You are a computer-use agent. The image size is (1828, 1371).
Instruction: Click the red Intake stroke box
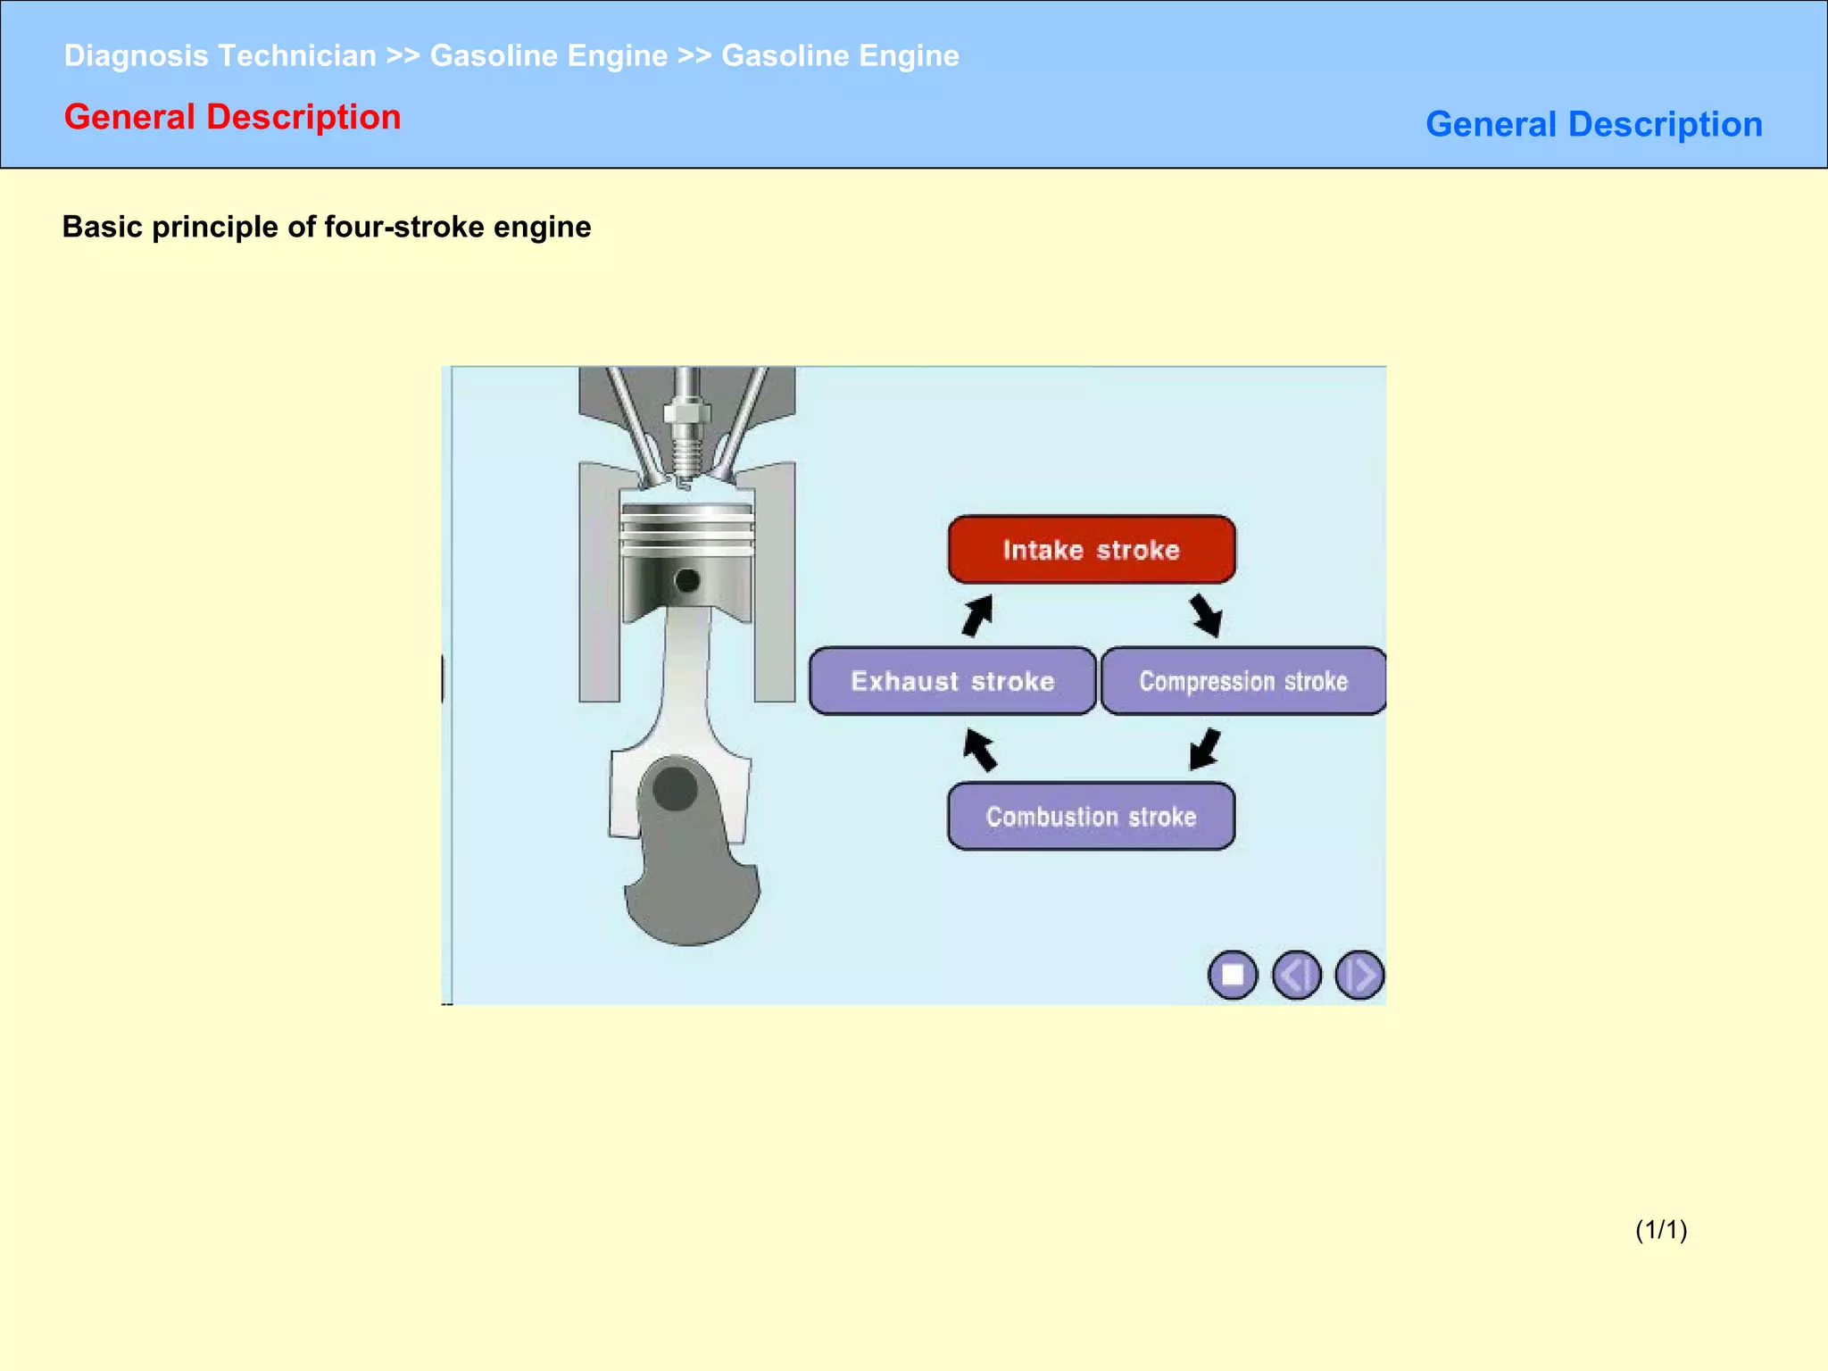pyautogui.click(x=1092, y=550)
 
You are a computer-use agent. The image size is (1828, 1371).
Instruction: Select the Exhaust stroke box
pyautogui.click(x=952, y=681)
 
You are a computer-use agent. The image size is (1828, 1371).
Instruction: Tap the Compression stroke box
pyautogui.click(x=1243, y=681)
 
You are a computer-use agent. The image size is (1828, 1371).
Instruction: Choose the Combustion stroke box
pyautogui.click(x=1092, y=816)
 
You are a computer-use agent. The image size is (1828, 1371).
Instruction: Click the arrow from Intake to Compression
pyautogui.click(x=1206, y=615)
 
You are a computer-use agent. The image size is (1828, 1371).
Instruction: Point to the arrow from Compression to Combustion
pyautogui.click(x=1205, y=749)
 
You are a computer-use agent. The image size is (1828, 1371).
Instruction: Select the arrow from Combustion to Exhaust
pyautogui.click(x=980, y=749)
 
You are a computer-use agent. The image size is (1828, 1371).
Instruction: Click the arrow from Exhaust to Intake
pyautogui.click(x=978, y=615)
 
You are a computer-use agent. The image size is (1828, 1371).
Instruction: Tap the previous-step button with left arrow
pyautogui.click(x=1296, y=975)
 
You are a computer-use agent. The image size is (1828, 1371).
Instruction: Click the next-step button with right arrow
pyautogui.click(x=1359, y=975)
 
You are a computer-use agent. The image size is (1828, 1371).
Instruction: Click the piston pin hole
pyautogui.click(x=687, y=581)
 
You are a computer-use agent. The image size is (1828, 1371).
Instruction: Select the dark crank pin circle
pyautogui.click(x=675, y=788)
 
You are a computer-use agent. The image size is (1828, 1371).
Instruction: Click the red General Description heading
pyautogui.click(x=232, y=117)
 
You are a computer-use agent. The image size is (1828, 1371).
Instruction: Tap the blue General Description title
pyautogui.click(x=1593, y=124)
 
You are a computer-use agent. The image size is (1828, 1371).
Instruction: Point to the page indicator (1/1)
pyautogui.click(x=1660, y=1230)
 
